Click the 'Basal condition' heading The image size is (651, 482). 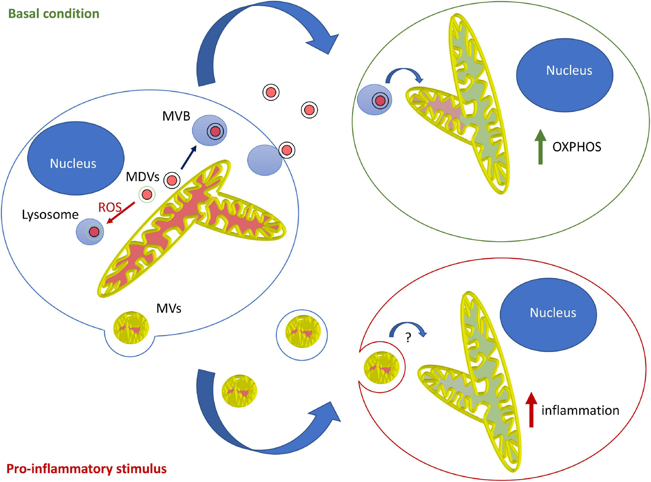54,14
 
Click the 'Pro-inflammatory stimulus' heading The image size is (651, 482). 87,469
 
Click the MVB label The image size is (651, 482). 176,116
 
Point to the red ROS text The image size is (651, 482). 110,207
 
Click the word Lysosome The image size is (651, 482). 50,215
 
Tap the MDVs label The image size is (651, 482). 142,177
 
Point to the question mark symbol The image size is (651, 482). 408,338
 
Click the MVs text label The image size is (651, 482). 169,308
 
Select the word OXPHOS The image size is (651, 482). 576,147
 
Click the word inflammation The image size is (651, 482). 580,411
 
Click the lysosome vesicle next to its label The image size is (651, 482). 90,232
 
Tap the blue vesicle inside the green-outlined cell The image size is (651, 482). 374,100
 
